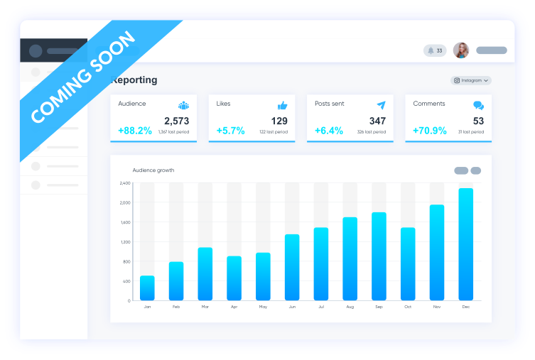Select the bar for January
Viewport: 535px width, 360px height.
point(147,288)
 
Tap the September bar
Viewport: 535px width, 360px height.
point(379,256)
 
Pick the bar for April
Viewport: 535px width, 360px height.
point(234,278)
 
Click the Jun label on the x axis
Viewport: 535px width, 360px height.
point(292,307)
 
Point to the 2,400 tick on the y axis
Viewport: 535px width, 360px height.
point(125,183)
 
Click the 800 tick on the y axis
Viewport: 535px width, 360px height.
point(126,261)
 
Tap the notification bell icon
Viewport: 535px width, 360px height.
point(431,50)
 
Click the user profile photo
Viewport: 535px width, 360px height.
point(461,50)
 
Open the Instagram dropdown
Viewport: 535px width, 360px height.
point(471,80)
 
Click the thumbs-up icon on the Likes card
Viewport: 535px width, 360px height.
point(282,105)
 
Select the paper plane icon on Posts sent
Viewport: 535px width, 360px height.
point(381,105)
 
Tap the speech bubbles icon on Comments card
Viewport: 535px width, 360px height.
point(479,105)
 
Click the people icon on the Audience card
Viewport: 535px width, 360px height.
point(183,105)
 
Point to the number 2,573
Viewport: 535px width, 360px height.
point(176,121)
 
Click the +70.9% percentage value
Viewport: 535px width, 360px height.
point(430,131)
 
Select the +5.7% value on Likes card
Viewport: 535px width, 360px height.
point(230,131)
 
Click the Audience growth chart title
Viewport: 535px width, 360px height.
point(153,170)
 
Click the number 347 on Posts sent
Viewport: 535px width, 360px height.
point(377,121)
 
